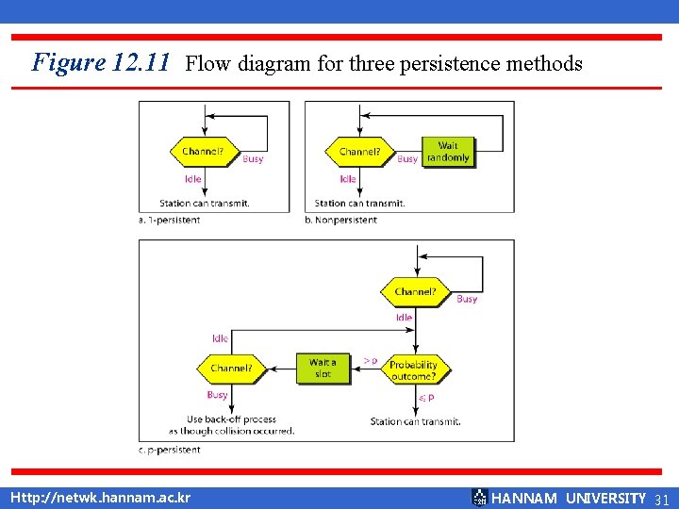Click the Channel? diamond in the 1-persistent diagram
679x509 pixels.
[203, 151]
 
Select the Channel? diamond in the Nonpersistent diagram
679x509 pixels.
[359, 151]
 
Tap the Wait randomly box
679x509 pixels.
[447, 152]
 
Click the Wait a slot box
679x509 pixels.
[323, 369]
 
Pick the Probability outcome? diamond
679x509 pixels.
[413, 369]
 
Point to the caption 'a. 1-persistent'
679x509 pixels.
[169, 220]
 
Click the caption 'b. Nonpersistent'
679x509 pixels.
[340, 220]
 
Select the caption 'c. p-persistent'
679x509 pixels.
[169, 450]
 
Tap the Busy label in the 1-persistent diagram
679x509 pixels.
[253, 159]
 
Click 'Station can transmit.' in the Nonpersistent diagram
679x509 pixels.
[359, 203]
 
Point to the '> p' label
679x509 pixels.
[371, 360]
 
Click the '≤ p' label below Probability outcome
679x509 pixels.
[425, 399]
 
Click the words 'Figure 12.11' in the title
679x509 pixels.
[101, 63]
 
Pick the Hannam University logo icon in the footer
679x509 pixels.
[479, 497]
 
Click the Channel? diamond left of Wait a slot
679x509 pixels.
[231, 369]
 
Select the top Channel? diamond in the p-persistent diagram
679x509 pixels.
[415, 292]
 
